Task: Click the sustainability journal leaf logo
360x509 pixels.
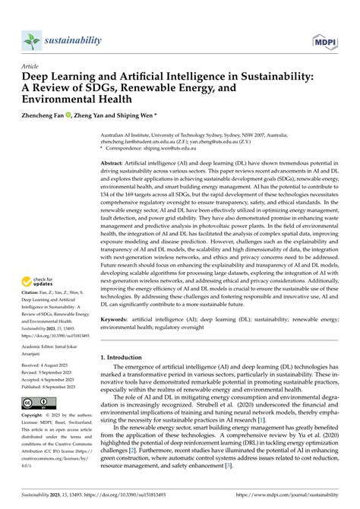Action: (30, 40)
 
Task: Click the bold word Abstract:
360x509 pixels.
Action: (113, 163)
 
